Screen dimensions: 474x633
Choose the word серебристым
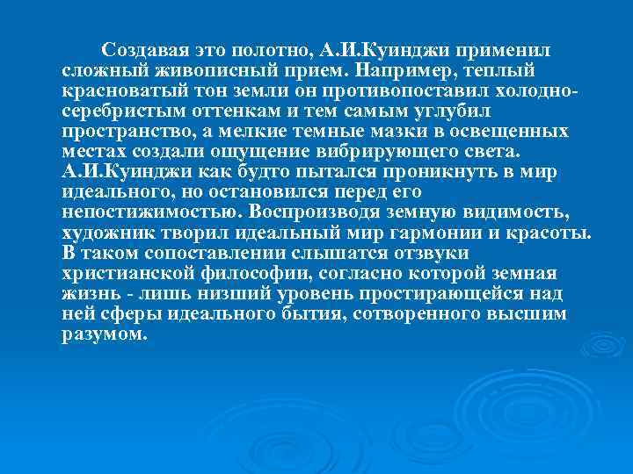(x=120, y=111)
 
